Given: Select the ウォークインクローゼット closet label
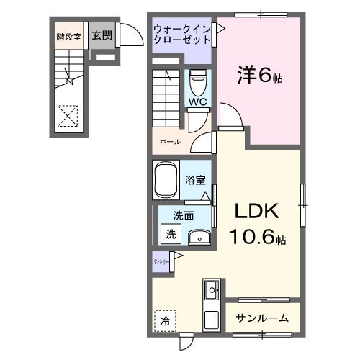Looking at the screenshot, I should click(181, 34).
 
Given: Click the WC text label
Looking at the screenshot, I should click(197, 102).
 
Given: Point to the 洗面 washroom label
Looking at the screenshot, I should click(184, 215).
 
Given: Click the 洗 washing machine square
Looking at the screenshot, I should click(171, 233).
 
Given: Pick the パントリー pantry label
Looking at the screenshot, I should click(160, 262).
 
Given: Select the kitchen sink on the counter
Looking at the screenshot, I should click(212, 292).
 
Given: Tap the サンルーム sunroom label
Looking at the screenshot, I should click(263, 318).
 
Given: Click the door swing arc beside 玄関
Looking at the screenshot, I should click(130, 35).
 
